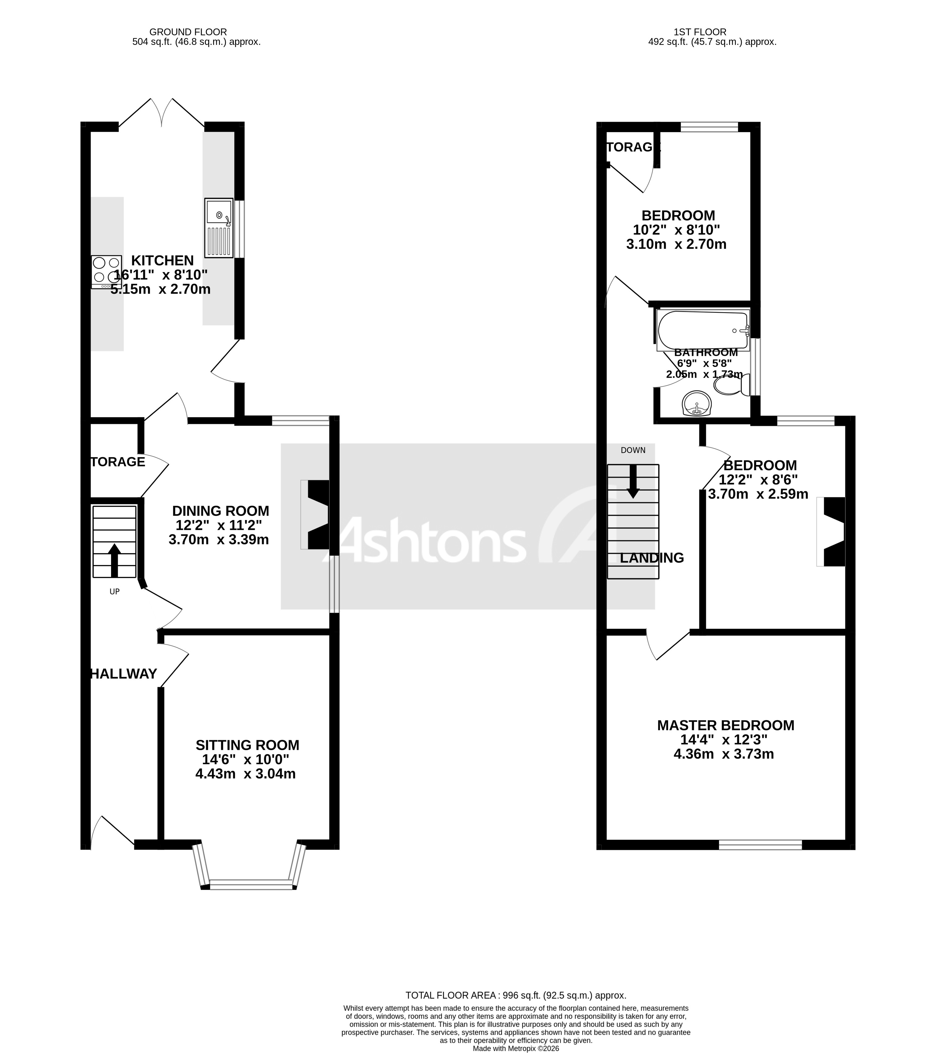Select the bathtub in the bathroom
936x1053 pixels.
click(703, 330)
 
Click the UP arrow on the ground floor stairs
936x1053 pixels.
click(114, 560)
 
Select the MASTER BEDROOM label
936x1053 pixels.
click(725, 725)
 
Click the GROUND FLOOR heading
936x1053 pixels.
click(188, 32)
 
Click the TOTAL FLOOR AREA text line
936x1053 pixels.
click(516, 995)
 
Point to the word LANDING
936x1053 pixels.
click(652, 558)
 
